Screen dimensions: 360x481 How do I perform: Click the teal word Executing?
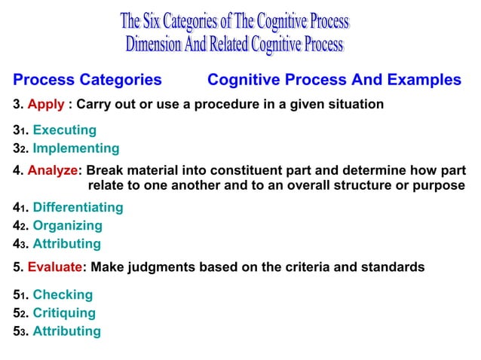pos(64,130)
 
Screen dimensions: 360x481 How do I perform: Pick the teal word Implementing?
pos(75,148)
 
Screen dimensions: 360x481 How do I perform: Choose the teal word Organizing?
pos(67,225)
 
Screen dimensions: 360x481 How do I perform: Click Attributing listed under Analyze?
pos(66,243)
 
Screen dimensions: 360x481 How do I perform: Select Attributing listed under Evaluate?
pos(66,331)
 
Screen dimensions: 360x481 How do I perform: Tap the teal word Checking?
pos(63,294)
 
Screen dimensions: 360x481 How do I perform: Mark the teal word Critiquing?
pos(64,313)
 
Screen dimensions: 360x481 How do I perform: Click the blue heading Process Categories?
pos(87,80)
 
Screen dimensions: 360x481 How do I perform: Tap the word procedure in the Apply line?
pos(222,104)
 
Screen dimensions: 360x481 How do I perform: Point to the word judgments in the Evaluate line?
pos(167,267)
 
